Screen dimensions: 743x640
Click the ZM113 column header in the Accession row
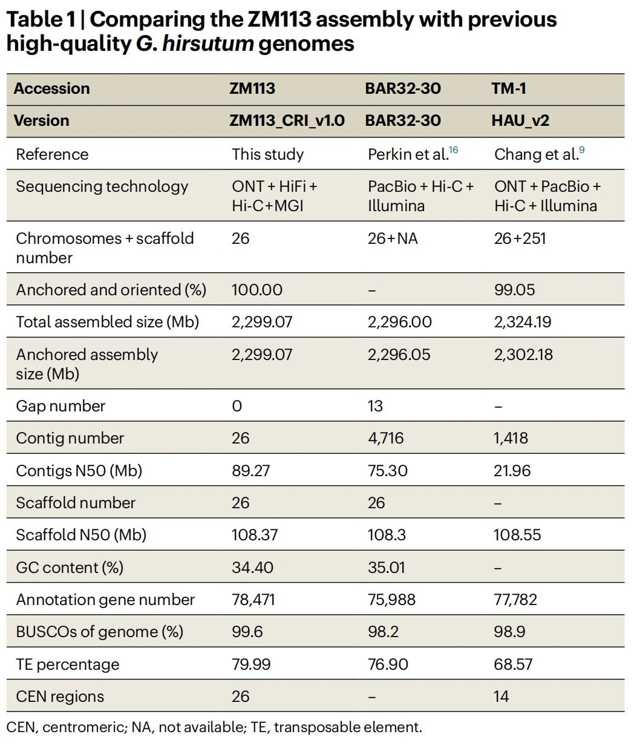pos(252,88)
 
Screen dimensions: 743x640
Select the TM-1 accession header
pos(509,88)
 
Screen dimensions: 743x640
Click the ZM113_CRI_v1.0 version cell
pos(287,120)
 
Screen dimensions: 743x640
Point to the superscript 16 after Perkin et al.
pos(453,149)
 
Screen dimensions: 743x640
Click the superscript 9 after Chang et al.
pos(582,149)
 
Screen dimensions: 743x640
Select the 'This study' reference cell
pos(267,154)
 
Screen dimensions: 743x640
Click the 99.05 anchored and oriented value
pos(514,290)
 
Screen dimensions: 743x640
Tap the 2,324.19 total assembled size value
pos(522,322)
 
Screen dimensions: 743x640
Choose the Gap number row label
pos(60,406)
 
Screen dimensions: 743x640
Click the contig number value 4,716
pos(385,438)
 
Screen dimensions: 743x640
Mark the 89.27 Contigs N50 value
pos(250,470)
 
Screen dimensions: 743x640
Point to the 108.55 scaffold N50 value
pos(517,535)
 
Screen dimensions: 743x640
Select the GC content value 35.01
pos(387,568)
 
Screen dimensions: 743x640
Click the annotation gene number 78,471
pos(253,600)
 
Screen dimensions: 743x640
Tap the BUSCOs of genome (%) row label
pos(99,632)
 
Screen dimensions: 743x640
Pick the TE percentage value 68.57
pos(513,664)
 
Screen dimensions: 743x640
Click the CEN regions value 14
pos(501,696)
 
